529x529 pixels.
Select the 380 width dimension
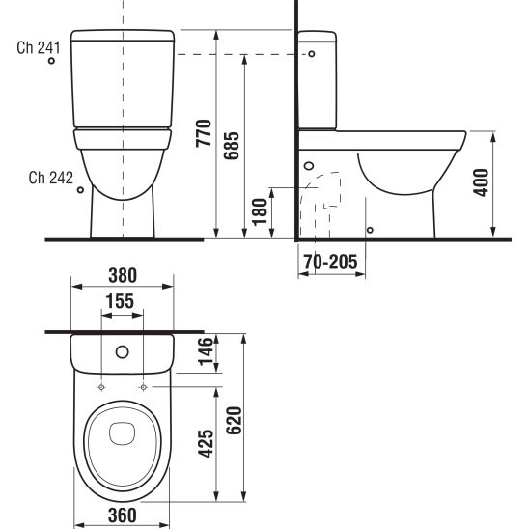click(x=122, y=274)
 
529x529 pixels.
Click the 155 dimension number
click(x=122, y=301)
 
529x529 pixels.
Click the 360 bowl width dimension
click(x=122, y=515)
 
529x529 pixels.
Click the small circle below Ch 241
click(x=52, y=62)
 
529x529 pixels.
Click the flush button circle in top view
click(x=123, y=350)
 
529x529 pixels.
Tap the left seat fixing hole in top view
click(x=101, y=387)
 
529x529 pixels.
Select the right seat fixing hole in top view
click(x=144, y=387)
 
